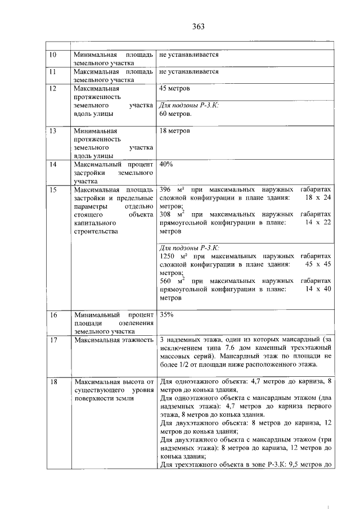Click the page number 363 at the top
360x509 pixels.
pos(197,26)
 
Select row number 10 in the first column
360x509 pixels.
pos(53,56)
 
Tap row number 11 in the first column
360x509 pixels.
pos(53,72)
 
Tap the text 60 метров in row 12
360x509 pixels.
pos(175,114)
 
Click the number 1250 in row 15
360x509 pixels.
pos(168,256)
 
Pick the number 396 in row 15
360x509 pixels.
pos(166,190)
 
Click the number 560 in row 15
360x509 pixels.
pos(166,281)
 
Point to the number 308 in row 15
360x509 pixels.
pos(166,214)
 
